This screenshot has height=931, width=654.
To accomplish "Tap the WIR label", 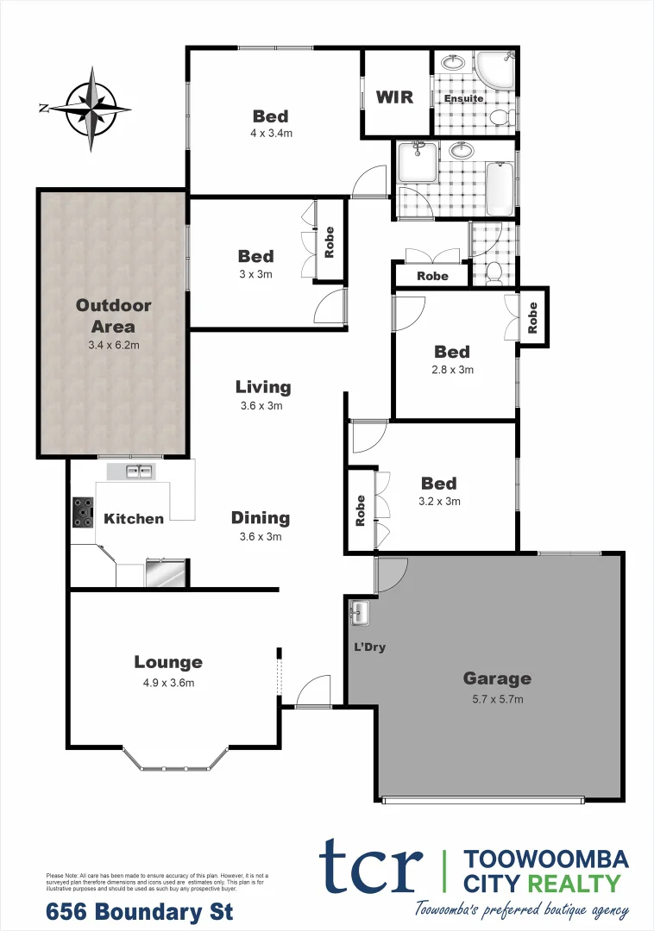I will pos(394,97).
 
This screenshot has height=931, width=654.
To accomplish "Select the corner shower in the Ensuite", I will pos(498,68).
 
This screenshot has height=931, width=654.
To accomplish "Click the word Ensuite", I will pos(463,98).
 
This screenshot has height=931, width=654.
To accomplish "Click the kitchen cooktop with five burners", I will pos(83,513).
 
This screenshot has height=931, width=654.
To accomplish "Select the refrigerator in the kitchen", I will pos(165,573).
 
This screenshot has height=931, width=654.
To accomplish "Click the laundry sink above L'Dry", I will pos(360,613).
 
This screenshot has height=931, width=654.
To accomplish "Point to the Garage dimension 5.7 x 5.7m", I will pos(496,698).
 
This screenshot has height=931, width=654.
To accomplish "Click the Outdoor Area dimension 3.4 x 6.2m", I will pos(113,345).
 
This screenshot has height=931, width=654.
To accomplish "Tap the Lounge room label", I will pos(168,662).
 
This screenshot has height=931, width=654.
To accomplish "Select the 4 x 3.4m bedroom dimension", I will pos(270,134).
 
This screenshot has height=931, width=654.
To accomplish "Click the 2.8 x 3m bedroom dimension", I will pos(452,370).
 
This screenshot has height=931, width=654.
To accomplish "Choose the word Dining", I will pos(261,518).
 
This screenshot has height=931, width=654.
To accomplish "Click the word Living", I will pos(263,387).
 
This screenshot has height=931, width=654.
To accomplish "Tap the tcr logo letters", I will pos(372,865).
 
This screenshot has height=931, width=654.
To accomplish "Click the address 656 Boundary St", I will pos(139,910).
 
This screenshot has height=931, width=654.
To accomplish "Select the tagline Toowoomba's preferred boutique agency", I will pos(521,909).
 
